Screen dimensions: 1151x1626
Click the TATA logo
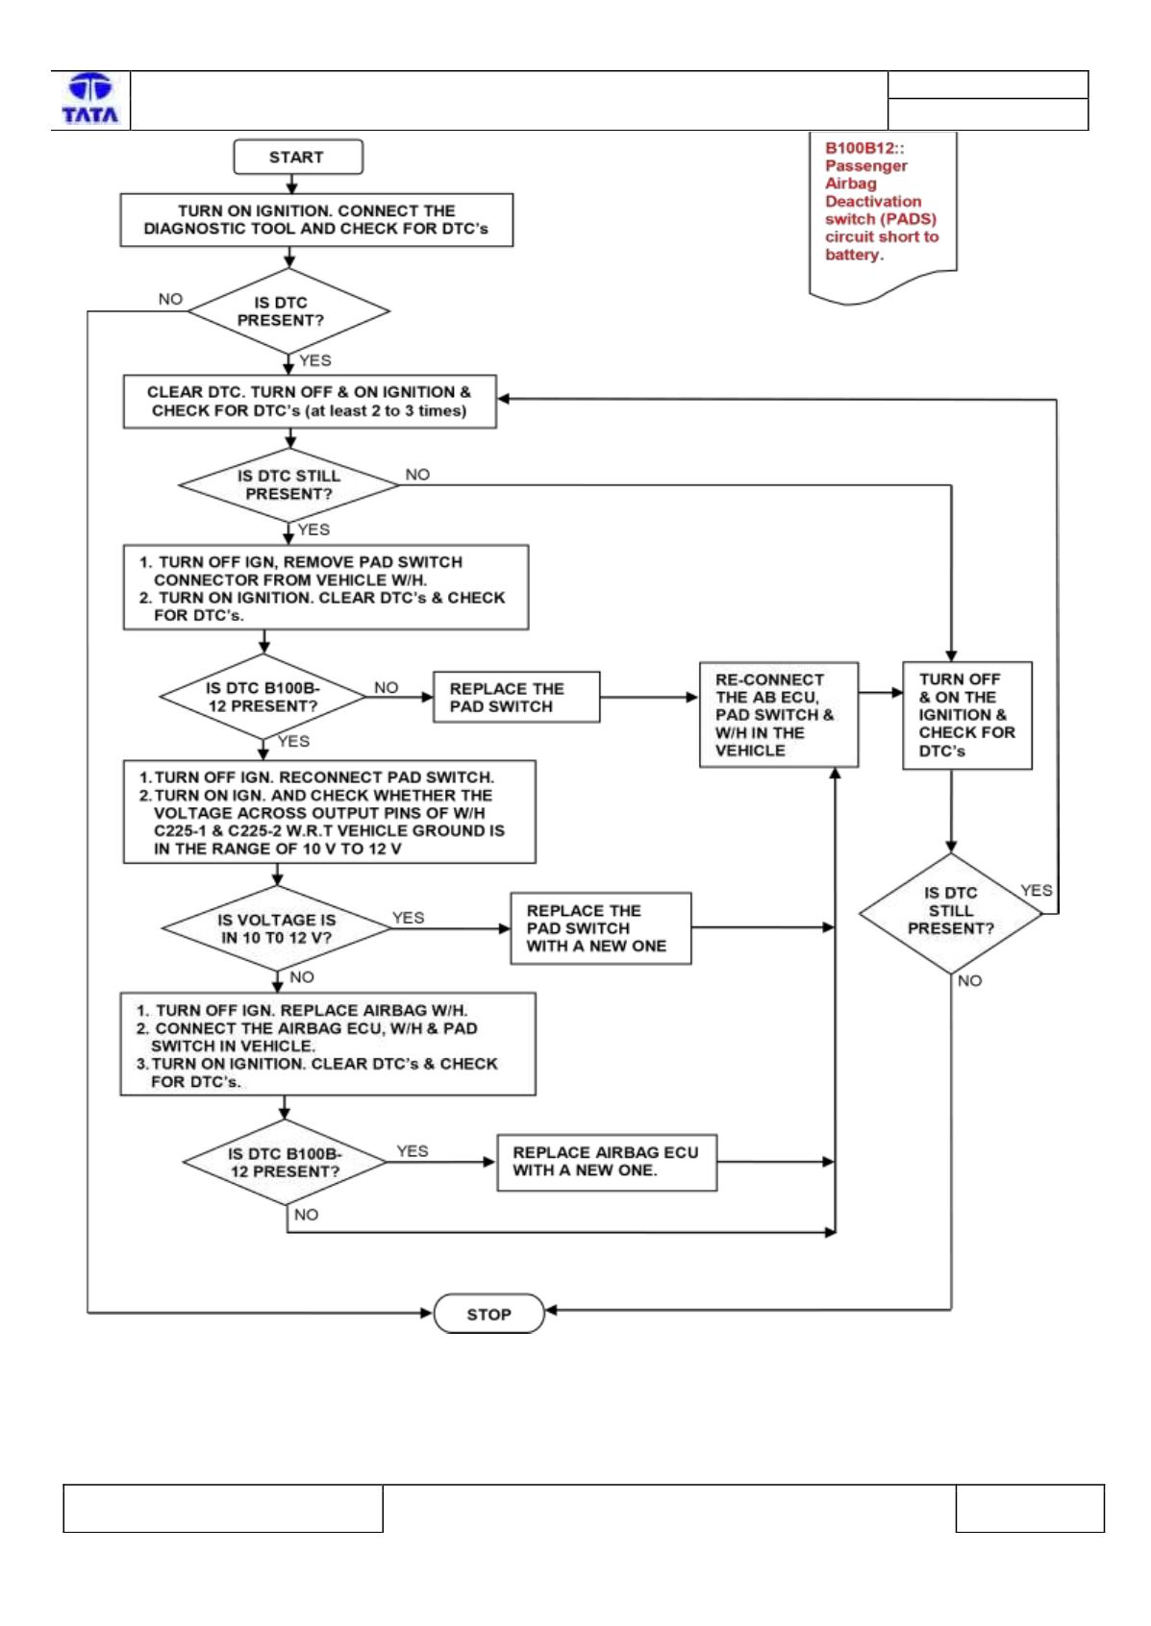coord(90,99)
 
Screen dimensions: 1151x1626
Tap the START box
coord(298,157)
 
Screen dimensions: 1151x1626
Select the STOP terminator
coord(488,1313)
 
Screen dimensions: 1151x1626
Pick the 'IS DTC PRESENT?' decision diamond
coord(289,311)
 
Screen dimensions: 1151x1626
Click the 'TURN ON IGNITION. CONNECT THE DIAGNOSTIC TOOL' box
coord(316,220)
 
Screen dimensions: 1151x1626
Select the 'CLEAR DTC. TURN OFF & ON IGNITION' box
coord(310,402)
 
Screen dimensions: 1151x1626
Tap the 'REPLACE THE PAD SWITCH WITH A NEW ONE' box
coord(601,928)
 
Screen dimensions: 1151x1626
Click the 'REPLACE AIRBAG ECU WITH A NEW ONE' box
coord(607,1162)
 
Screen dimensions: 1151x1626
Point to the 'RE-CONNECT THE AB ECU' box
coord(779,714)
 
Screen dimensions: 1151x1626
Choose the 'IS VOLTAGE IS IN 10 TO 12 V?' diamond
coord(277,928)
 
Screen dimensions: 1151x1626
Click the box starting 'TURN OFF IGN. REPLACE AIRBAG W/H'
coord(328,1045)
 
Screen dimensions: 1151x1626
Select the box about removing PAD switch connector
coord(326,587)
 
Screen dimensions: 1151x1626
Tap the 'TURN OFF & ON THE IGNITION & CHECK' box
coord(967,715)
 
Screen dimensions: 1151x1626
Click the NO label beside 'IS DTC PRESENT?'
coord(170,299)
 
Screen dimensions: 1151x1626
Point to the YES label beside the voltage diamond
coord(408,918)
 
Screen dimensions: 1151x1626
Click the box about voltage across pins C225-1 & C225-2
coord(330,812)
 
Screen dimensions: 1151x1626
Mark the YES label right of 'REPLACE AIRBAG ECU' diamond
coord(413,1151)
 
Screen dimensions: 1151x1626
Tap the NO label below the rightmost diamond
coord(969,981)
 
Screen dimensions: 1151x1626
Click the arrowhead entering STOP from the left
coord(427,1313)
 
